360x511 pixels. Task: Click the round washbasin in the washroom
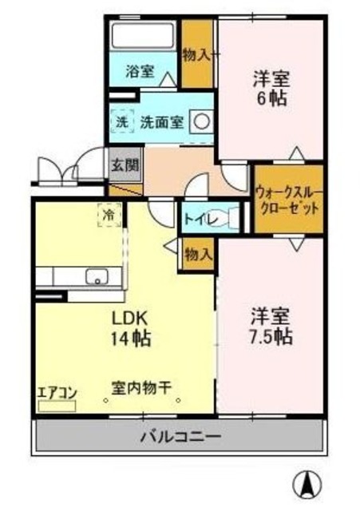201,122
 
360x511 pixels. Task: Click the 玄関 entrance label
125,166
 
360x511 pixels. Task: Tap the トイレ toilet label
197,218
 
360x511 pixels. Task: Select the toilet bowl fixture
231,217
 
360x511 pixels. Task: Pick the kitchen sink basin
97,278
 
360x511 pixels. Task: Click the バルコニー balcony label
181,437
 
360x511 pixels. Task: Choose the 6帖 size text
271,100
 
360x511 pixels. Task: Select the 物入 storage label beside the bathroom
196,54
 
